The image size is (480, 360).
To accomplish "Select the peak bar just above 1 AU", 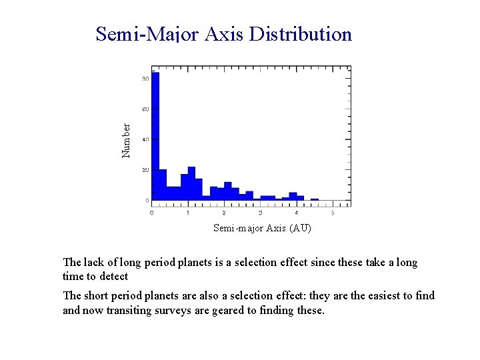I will click(x=191, y=183).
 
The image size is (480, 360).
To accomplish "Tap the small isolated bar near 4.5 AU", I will click(x=314, y=199).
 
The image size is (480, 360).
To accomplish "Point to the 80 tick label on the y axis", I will click(x=145, y=79).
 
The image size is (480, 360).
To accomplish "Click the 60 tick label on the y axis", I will click(x=145, y=109).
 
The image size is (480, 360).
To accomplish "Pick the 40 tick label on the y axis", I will click(x=145, y=140).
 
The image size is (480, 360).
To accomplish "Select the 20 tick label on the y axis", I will click(x=145, y=170).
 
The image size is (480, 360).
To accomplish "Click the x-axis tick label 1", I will click(x=188, y=213).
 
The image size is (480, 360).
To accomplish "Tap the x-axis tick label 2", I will click(x=224, y=213).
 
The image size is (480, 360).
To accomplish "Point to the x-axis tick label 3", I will click(x=260, y=213).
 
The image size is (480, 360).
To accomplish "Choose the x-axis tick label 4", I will click(x=296, y=213).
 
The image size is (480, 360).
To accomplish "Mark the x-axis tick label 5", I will click(x=332, y=213).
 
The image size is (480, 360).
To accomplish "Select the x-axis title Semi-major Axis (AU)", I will click(x=262, y=228).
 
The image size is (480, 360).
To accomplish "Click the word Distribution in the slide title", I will click(x=300, y=34).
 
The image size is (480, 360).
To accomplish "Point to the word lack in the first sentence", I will click(x=93, y=263).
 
